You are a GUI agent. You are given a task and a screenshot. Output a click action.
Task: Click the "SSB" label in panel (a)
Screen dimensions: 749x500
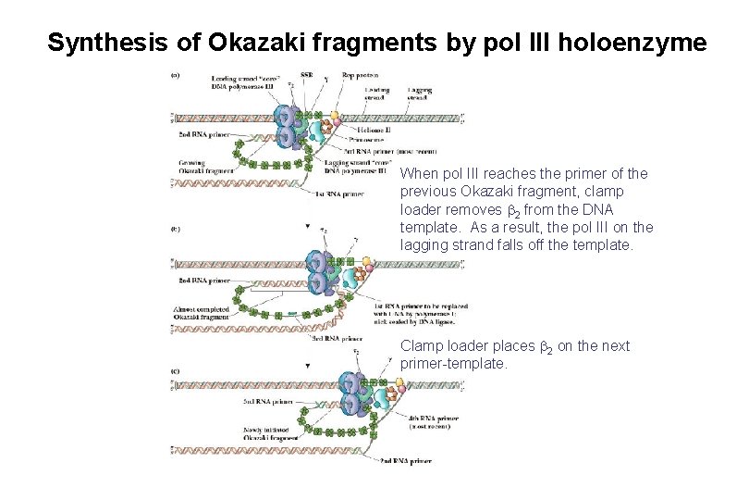coord(307,74)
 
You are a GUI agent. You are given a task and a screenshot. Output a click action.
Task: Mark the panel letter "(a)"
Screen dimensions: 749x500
coord(176,74)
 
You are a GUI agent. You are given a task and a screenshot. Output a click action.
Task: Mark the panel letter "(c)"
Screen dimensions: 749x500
coord(176,370)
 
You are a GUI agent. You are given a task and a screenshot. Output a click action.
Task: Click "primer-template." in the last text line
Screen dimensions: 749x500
coord(454,364)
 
